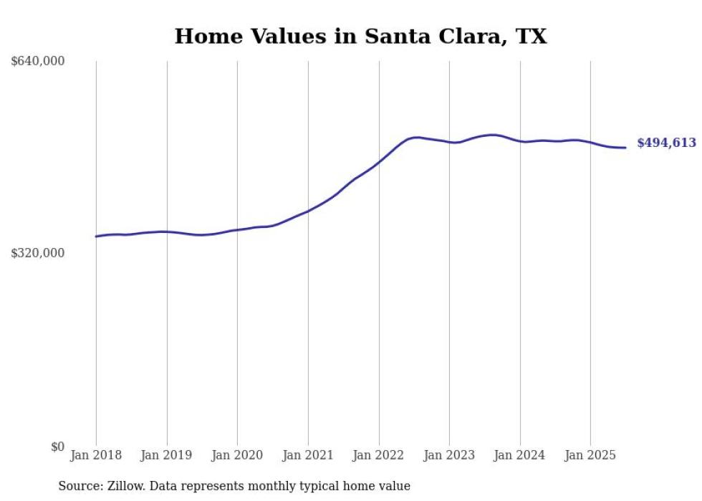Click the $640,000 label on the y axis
[x=37, y=62]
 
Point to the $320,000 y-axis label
[x=37, y=253]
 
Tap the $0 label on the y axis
[x=57, y=447]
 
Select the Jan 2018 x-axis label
[x=96, y=455]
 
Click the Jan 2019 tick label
[x=167, y=455]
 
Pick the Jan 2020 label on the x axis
[x=237, y=455]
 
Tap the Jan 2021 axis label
[x=308, y=455]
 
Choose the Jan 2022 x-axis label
[x=379, y=455]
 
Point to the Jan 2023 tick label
[x=449, y=455]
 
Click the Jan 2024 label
[x=520, y=455]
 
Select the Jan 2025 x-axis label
[x=590, y=455]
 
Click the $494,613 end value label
[x=666, y=143]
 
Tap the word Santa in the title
[x=396, y=37]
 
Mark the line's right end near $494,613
[x=625, y=148]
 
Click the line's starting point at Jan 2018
[x=96, y=237]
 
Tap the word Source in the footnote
[x=78, y=486]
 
